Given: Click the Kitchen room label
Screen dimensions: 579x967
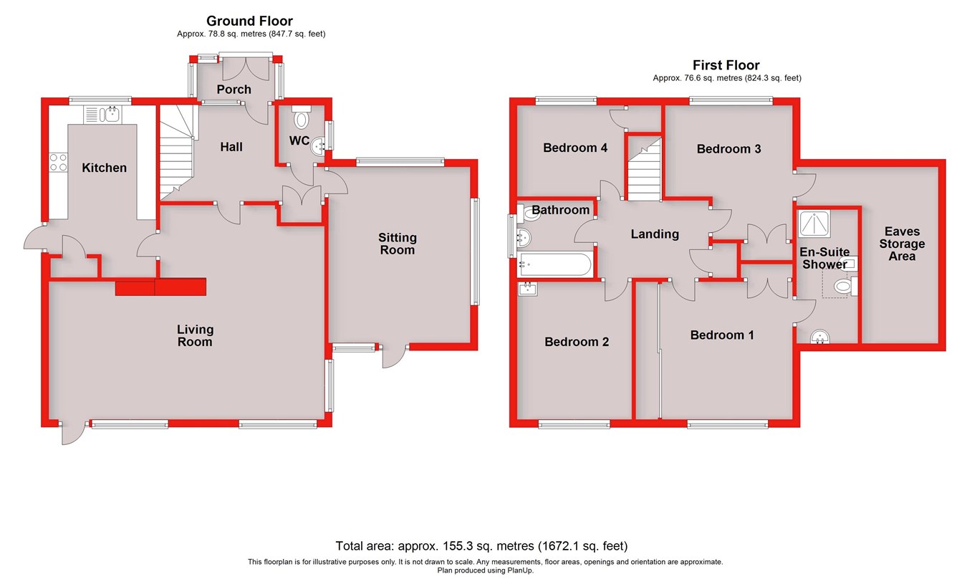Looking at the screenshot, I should [x=104, y=168].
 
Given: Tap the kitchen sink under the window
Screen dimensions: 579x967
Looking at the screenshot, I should [x=105, y=114].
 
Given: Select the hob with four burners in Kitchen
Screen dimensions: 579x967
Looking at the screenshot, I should [x=57, y=162].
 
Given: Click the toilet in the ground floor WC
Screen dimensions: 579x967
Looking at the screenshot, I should [x=302, y=117].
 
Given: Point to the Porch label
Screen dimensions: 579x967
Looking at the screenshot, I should [x=234, y=90].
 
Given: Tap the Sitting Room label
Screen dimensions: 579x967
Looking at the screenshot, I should [x=398, y=244].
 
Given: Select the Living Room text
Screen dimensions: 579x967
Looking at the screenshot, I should [x=196, y=335].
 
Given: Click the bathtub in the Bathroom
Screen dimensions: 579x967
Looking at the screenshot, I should [x=555, y=264].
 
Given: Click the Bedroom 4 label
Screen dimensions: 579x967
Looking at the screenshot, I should [x=575, y=148].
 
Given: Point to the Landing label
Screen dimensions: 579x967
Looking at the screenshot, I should [x=654, y=234].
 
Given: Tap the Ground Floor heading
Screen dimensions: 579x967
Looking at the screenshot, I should [x=249, y=21].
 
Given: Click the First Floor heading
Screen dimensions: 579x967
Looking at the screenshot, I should [x=726, y=65].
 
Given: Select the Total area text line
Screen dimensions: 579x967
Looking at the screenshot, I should [x=481, y=545].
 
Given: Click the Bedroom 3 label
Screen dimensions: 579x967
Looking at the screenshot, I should [x=728, y=149].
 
